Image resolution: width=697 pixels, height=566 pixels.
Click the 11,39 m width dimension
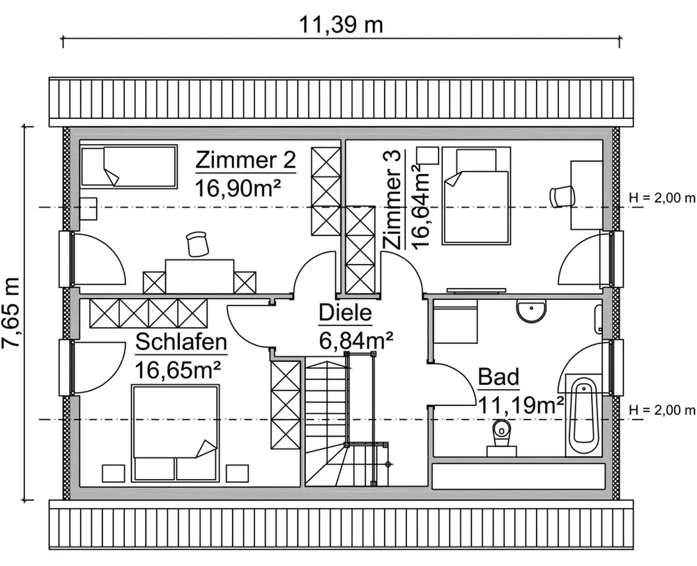tap(340, 25)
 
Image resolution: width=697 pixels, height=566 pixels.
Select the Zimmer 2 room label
tap(245, 160)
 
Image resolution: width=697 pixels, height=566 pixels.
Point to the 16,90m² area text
tap(238, 189)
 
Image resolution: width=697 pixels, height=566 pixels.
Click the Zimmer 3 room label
tap(393, 199)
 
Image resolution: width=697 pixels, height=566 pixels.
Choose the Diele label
tap(346, 313)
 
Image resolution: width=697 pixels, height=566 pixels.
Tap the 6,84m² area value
tap(356, 340)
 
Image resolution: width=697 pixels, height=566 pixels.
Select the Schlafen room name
tap(181, 343)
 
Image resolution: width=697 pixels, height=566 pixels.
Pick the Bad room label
tap(498, 377)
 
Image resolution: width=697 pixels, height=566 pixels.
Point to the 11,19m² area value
tap(521, 405)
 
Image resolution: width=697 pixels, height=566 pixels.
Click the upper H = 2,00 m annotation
tap(662, 198)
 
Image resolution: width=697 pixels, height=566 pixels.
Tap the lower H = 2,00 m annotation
tap(662, 410)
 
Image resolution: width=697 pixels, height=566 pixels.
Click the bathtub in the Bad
tap(584, 416)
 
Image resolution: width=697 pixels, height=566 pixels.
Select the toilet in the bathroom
tap(502, 437)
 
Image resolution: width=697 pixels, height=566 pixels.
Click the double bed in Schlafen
tap(176, 433)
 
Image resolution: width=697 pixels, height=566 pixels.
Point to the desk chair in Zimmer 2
tap(197, 243)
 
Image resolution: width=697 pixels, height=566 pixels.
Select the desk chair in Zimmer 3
tap(562, 196)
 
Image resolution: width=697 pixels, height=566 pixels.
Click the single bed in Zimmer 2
tap(128, 166)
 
